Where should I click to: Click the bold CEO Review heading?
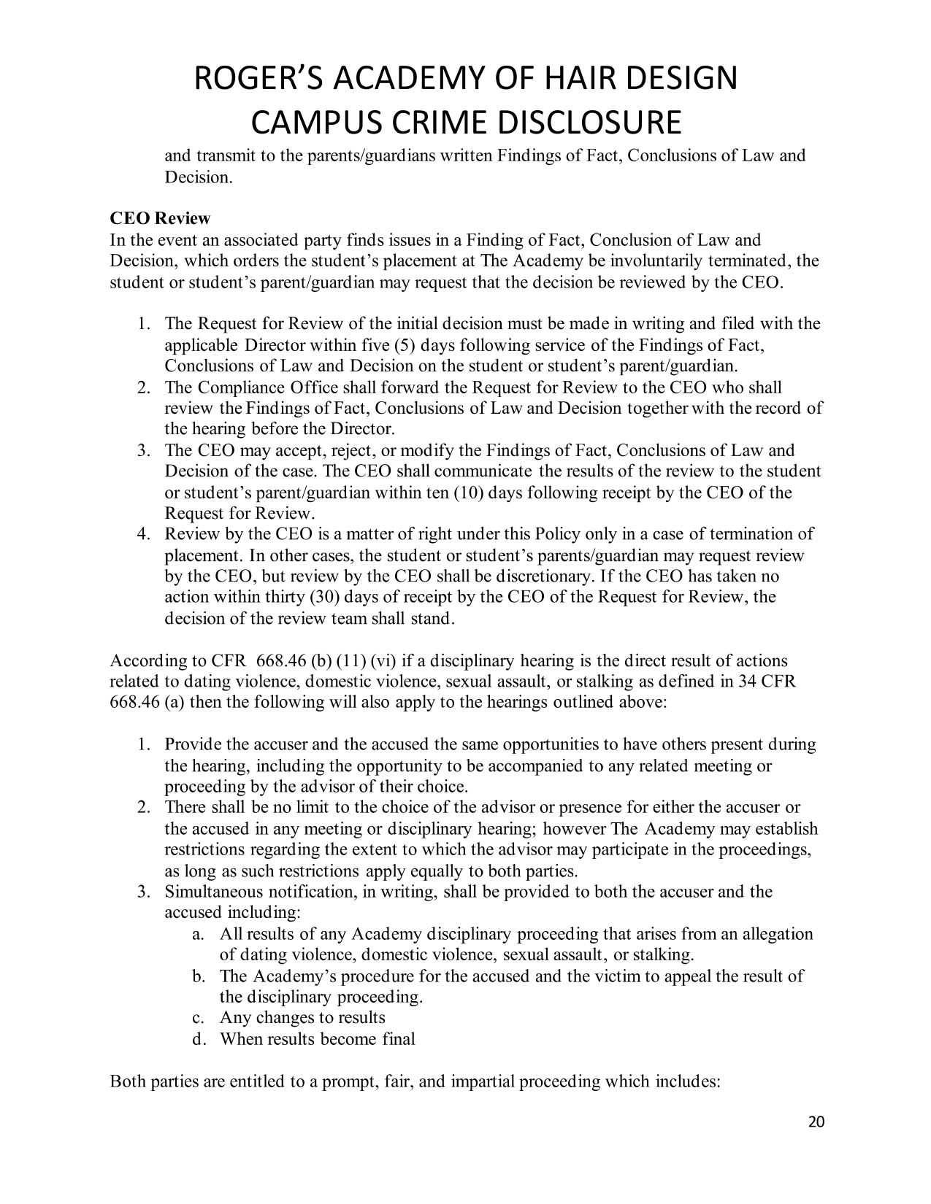(160, 219)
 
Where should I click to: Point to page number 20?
(816, 1122)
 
